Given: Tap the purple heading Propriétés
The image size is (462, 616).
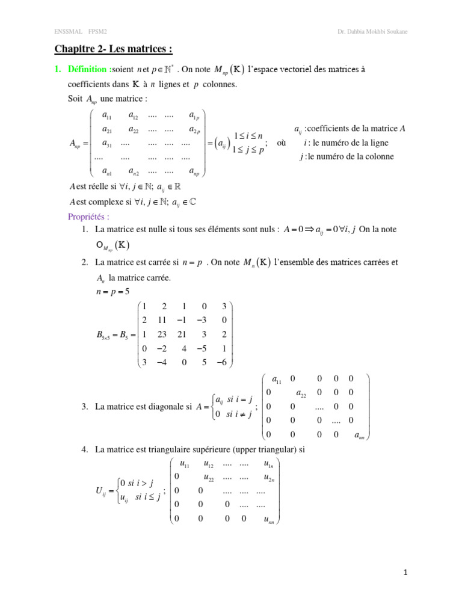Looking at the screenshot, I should click(89, 217).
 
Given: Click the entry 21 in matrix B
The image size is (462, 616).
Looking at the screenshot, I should click(184, 334).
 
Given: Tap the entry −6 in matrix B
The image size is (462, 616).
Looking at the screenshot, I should click(222, 362).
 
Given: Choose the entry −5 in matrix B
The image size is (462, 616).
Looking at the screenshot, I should click(203, 348).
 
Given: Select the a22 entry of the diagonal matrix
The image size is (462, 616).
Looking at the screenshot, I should click(304, 394).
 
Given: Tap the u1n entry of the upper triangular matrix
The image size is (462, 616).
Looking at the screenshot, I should click(268, 464).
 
